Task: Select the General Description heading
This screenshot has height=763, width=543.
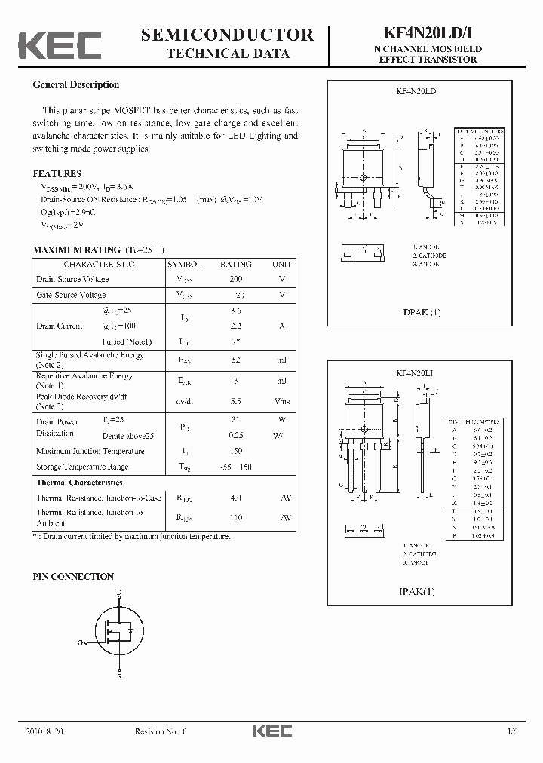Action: click(x=76, y=85)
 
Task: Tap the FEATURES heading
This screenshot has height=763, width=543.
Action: click(x=57, y=173)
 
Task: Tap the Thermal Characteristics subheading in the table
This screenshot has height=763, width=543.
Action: click(x=79, y=482)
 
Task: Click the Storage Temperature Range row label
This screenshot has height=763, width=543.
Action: click(x=82, y=467)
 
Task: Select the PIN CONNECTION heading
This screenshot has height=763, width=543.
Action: click(x=74, y=577)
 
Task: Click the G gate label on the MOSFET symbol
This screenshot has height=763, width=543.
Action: click(x=79, y=642)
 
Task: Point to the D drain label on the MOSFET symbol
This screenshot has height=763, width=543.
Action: click(x=118, y=593)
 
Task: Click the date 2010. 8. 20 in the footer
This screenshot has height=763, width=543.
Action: click(x=45, y=731)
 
